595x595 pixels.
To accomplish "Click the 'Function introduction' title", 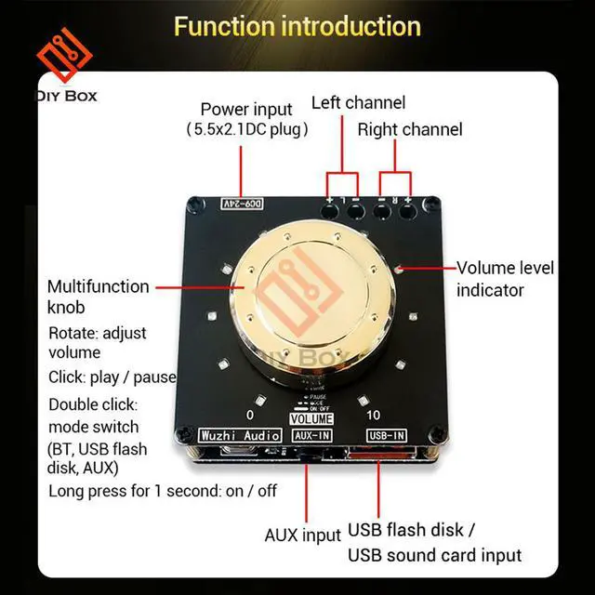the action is (297, 25).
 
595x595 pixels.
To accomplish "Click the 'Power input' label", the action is (245, 109).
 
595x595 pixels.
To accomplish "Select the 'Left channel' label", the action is (358, 102).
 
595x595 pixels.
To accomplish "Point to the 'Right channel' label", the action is (410, 129).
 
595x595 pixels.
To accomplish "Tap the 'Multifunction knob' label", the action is (98, 297).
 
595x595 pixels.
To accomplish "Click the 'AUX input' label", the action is (303, 535).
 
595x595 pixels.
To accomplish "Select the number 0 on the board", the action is (249, 415).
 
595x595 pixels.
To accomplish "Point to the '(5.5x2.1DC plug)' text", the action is (246, 129).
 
